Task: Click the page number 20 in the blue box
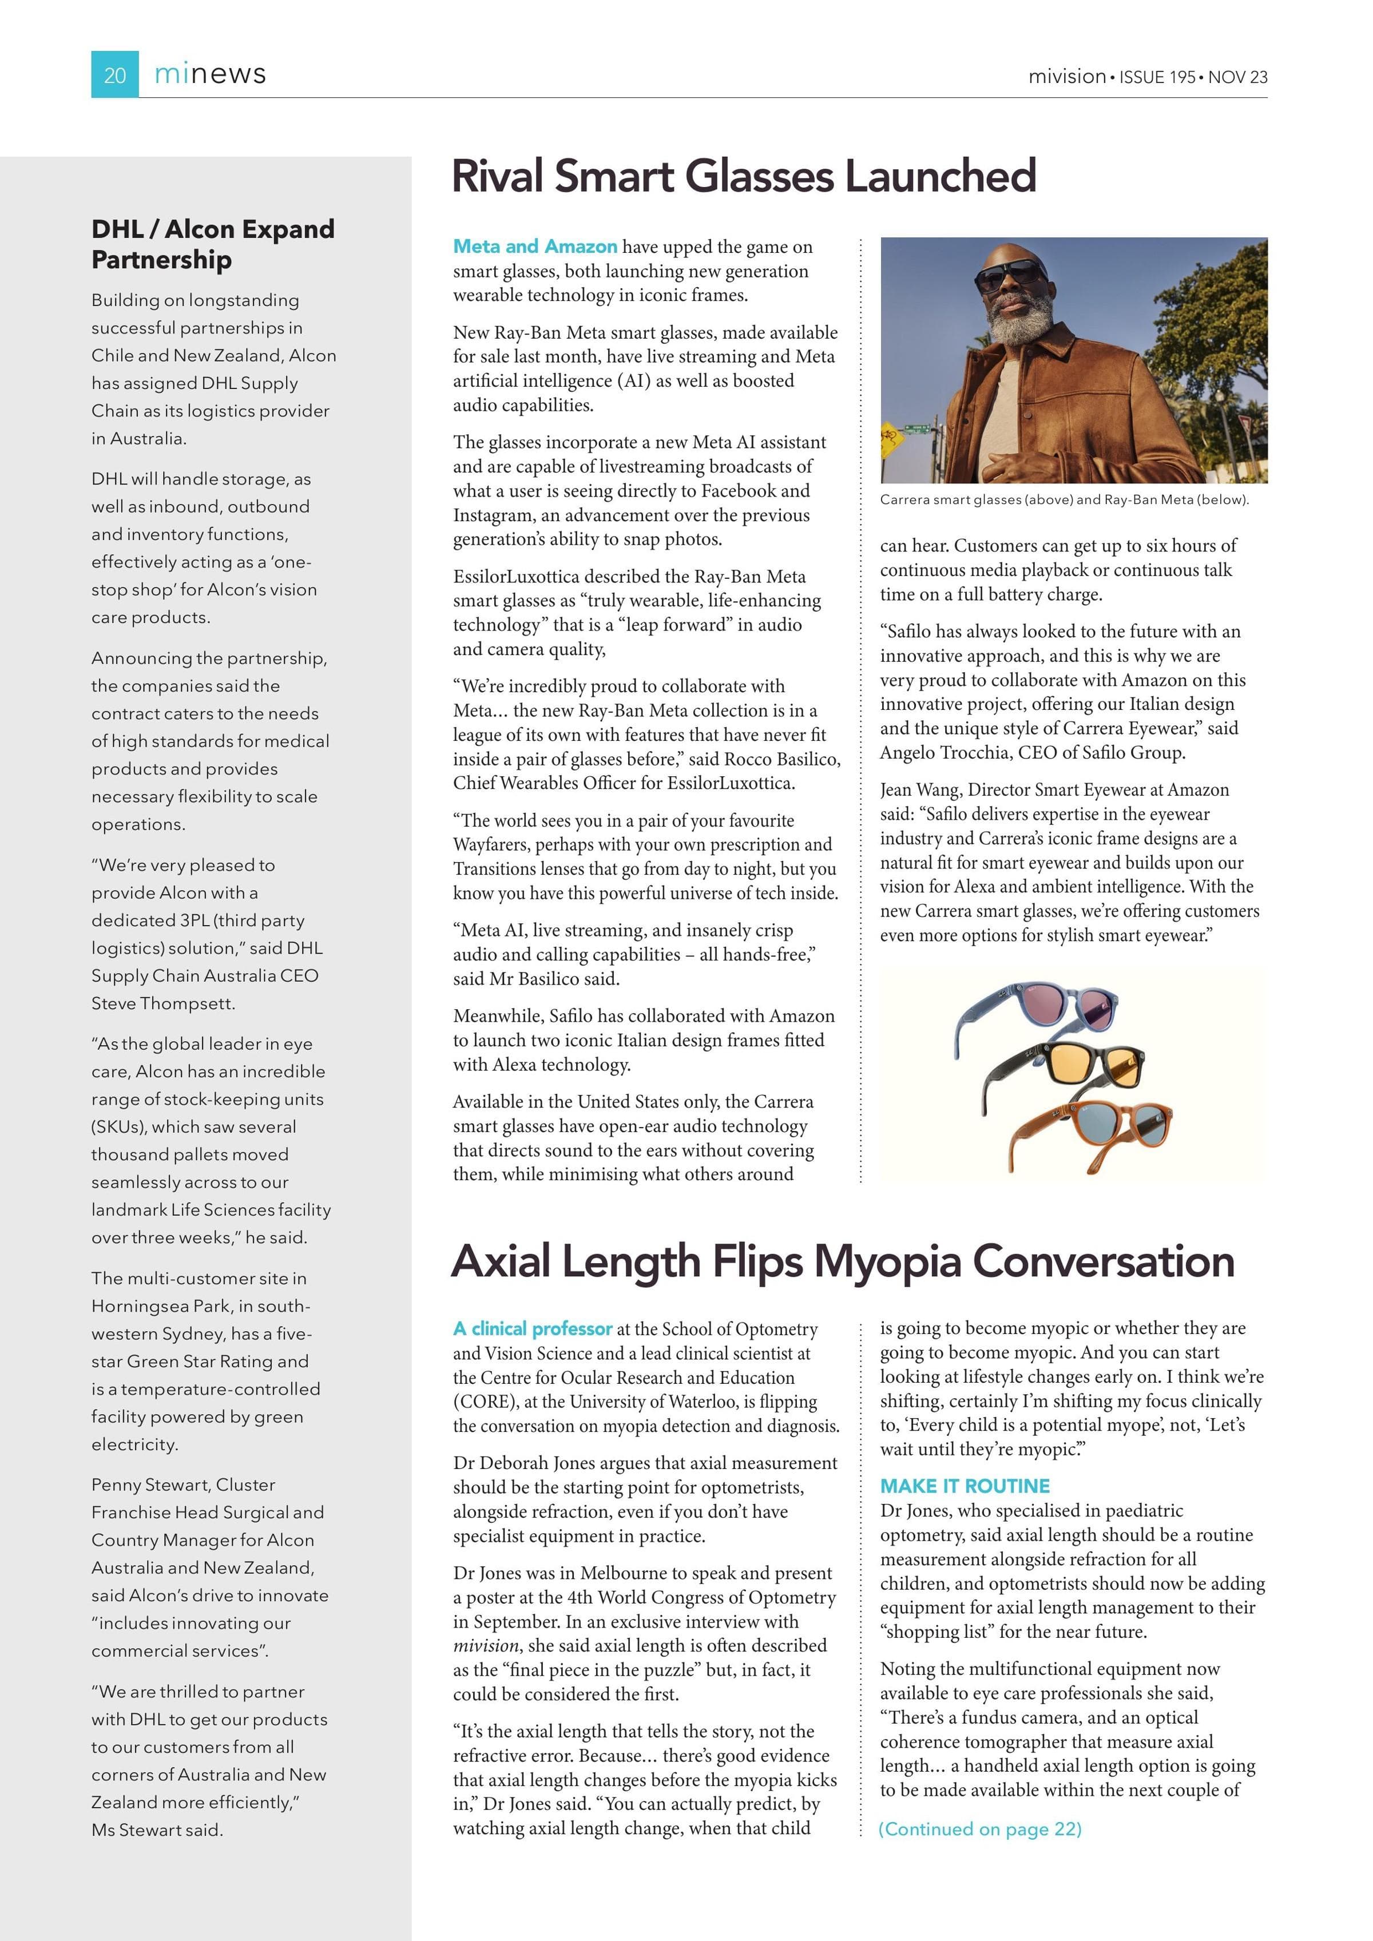[115, 76]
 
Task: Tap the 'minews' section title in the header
[210, 74]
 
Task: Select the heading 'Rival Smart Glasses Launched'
[744, 176]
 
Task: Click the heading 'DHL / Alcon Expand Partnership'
[213, 244]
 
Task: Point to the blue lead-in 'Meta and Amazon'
[535, 246]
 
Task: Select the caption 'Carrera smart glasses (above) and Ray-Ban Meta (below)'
[1064, 499]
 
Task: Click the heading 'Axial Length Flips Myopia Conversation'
[842, 1261]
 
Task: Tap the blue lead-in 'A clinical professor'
[533, 1328]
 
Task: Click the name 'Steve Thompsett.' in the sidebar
[163, 1003]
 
